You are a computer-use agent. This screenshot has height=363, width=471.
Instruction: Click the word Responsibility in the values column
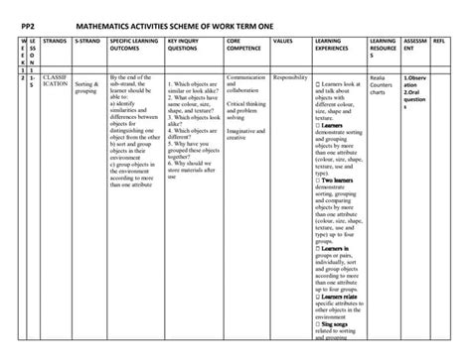pos(290,76)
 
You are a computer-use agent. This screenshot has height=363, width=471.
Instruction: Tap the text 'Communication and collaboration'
pos(246,83)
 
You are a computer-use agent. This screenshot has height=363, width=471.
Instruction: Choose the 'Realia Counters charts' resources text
pos(383,84)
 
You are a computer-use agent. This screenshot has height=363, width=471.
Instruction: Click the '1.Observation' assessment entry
pos(415,80)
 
